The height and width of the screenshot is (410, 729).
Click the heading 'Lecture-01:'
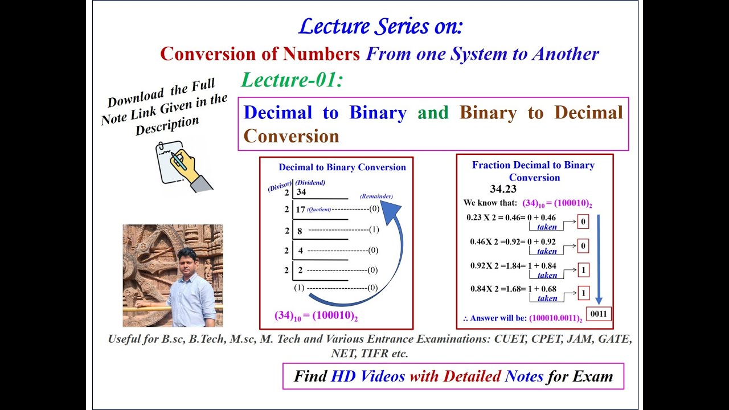(x=292, y=80)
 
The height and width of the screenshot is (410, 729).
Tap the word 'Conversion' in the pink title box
(x=291, y=136)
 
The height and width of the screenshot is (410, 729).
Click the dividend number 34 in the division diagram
(x=301, y=192)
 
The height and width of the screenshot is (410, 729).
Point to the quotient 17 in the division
(x=300, y=210)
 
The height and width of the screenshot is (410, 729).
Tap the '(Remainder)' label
(x=376, y=196)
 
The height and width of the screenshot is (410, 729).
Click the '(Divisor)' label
(x=280, y=185)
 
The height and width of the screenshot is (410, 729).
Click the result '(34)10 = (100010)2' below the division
(x=316, y=315)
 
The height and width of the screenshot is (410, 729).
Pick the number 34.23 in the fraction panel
(x=503, y=189)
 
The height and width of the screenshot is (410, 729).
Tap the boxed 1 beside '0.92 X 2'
(x=583, y=270)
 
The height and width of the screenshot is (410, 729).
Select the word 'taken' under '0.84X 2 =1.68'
(x=547, y=298)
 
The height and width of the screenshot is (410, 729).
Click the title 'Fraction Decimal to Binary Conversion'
(x=533, y=171)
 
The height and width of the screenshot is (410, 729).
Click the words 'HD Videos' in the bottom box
(x=367, y=376)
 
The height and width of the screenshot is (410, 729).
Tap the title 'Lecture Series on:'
(x=380, y=26)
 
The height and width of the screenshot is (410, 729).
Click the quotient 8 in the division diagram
(x=300, y=231)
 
